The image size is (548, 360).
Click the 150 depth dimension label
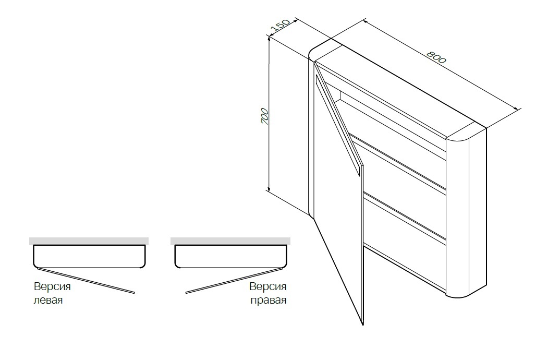281,25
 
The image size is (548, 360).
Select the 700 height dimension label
265,116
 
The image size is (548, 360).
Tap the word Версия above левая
53,286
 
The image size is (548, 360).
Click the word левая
48,300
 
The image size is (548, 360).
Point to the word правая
269,300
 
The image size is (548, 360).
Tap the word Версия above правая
268,286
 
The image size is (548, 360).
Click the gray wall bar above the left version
89,241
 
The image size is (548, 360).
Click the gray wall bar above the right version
230,241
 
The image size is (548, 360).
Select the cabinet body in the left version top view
89,257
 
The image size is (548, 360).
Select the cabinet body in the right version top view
230,257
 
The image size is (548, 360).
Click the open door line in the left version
86,281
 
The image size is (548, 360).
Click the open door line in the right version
234,281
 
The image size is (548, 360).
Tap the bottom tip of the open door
363,325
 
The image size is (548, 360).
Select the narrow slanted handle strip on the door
337,125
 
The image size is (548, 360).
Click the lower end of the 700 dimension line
269,191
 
